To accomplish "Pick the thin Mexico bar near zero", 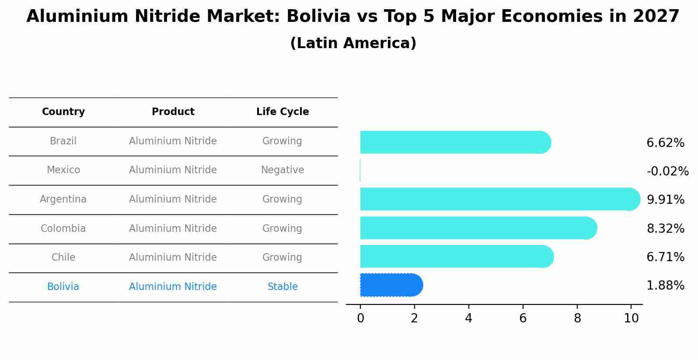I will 360,171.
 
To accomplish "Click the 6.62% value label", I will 665,143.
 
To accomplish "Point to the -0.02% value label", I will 667,171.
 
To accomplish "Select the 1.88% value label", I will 665,286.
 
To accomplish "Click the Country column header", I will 63,112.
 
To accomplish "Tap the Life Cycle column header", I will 283,112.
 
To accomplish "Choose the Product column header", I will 173,112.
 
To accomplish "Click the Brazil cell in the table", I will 63,141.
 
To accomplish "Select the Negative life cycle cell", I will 283,170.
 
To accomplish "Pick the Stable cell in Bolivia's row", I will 283,287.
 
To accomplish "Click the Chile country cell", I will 63,258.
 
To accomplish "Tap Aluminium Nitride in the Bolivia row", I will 173,287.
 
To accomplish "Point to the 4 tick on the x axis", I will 468,318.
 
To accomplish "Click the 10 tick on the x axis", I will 631,318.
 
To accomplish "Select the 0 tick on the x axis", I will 360,318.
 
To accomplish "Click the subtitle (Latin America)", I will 353,43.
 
